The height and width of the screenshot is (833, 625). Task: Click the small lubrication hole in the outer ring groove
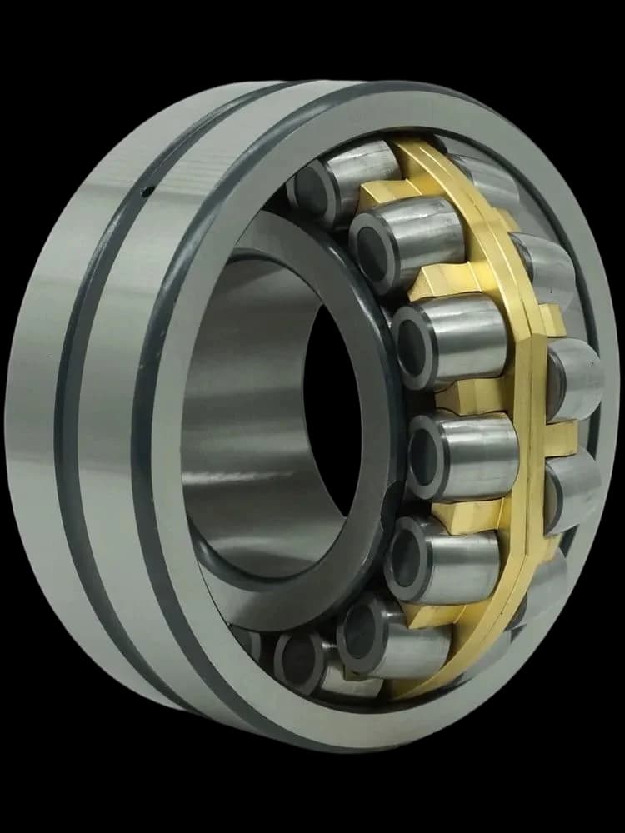coord(149,192)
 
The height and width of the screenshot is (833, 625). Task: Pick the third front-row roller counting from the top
coord(450,337)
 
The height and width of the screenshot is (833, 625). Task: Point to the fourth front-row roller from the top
coord(462,454)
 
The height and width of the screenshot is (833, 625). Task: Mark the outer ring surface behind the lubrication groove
coord(33,416)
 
